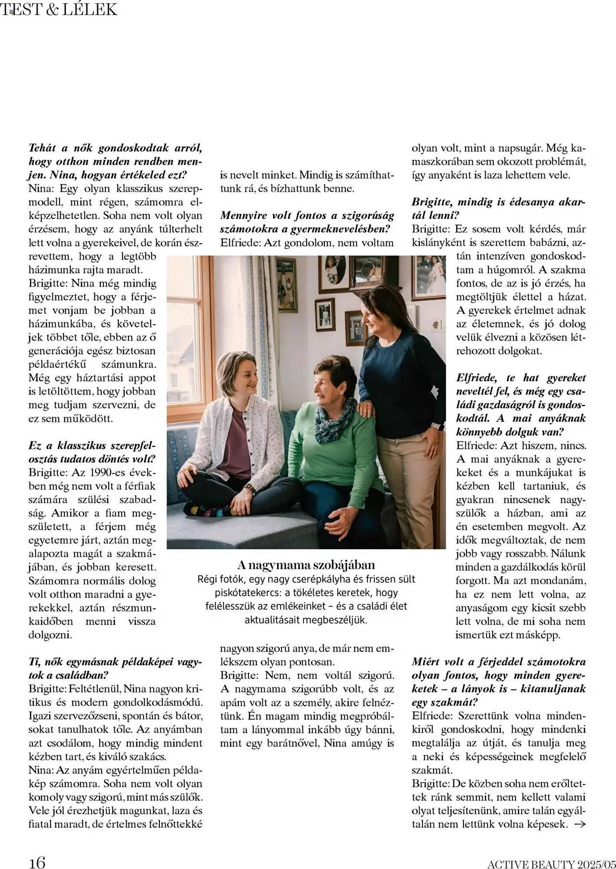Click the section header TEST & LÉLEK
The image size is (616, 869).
pyautogui.click(x=59, y=10)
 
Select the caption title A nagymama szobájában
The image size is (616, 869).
pyautogui.click(x=306, y=565)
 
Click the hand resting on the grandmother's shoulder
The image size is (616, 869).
pyautogui.click(x=365, y=408)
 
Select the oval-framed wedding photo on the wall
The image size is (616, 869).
pyautogui.click(x=335, y=269)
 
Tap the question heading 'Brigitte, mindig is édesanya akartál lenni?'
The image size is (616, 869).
pyautogui.click(x=498, y=209)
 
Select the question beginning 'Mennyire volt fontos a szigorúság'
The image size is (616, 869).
pyautogui.click(x=307, y=222)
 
